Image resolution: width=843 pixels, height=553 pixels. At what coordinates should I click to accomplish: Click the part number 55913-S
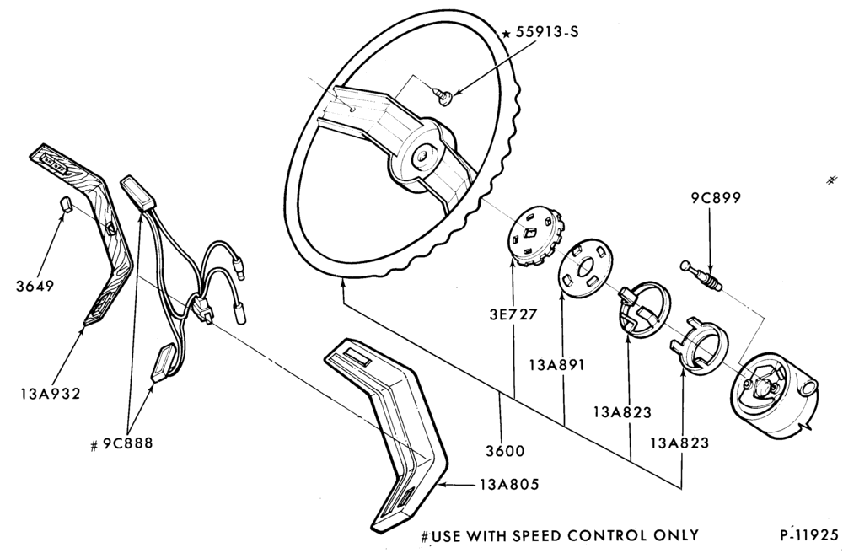pyautogui.click(x=547, y=32)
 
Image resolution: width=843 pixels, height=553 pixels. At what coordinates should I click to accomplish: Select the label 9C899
pyautogui.click(x=716, y=198)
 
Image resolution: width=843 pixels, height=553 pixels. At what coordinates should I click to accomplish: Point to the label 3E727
pyautogui.click(x=513, y=314)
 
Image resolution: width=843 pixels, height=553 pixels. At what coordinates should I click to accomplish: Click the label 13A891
pyautogui.click(x=556, y=365)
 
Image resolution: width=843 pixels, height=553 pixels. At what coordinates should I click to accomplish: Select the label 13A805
pyautogui.click(x=509, y=484)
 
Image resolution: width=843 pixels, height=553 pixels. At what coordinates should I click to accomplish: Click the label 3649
pyautogui.click(x=35, y=286)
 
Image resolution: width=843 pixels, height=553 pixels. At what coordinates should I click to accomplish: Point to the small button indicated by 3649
pyautogui.click(x=65, y=204)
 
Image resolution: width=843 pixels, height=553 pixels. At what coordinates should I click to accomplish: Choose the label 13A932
pyautogui.click(x=51, y=394)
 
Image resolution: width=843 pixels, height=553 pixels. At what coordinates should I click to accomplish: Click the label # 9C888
pyautogui.click(x=121, y=443)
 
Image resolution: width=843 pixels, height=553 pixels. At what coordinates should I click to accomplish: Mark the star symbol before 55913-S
pyautogui.click(x=506, y=35)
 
